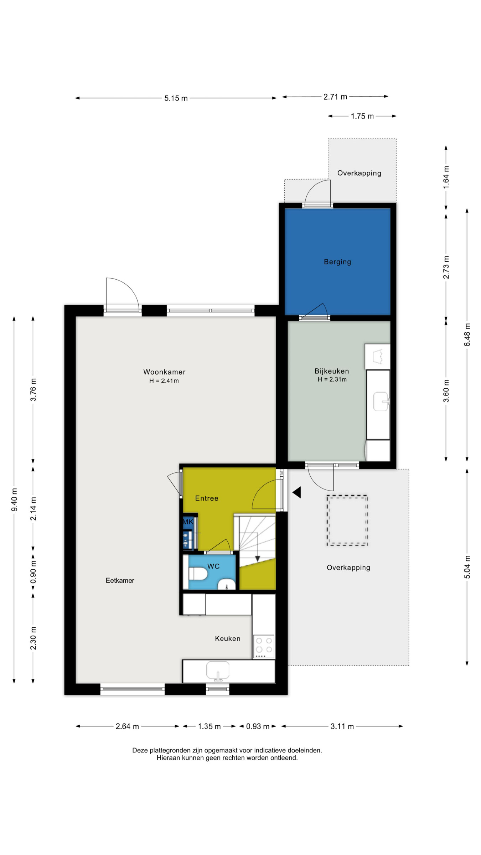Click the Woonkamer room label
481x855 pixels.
[164, 372]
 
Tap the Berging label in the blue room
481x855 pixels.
[337, 262]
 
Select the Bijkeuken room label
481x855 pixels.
[332, 371]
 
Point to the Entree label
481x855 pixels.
[207, 498]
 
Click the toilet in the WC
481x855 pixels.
[198, 574]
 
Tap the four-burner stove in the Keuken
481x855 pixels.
[264, 647]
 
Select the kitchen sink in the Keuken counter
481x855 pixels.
[218, 671]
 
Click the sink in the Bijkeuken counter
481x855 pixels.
[381, 401]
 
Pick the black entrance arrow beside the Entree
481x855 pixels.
[297, 492]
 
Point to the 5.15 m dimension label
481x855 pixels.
[176, 98]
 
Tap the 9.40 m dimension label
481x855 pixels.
[14, 499]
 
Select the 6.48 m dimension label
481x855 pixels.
[467, 335]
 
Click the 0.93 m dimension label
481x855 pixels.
[258, 726]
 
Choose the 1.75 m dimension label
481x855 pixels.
[362, 116]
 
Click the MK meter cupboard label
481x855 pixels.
[188, 522]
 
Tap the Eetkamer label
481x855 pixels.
[120, 580]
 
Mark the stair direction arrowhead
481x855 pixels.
[258, 558]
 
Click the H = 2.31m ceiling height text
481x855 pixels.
[332, 379]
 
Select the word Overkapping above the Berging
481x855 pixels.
[359, 173]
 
